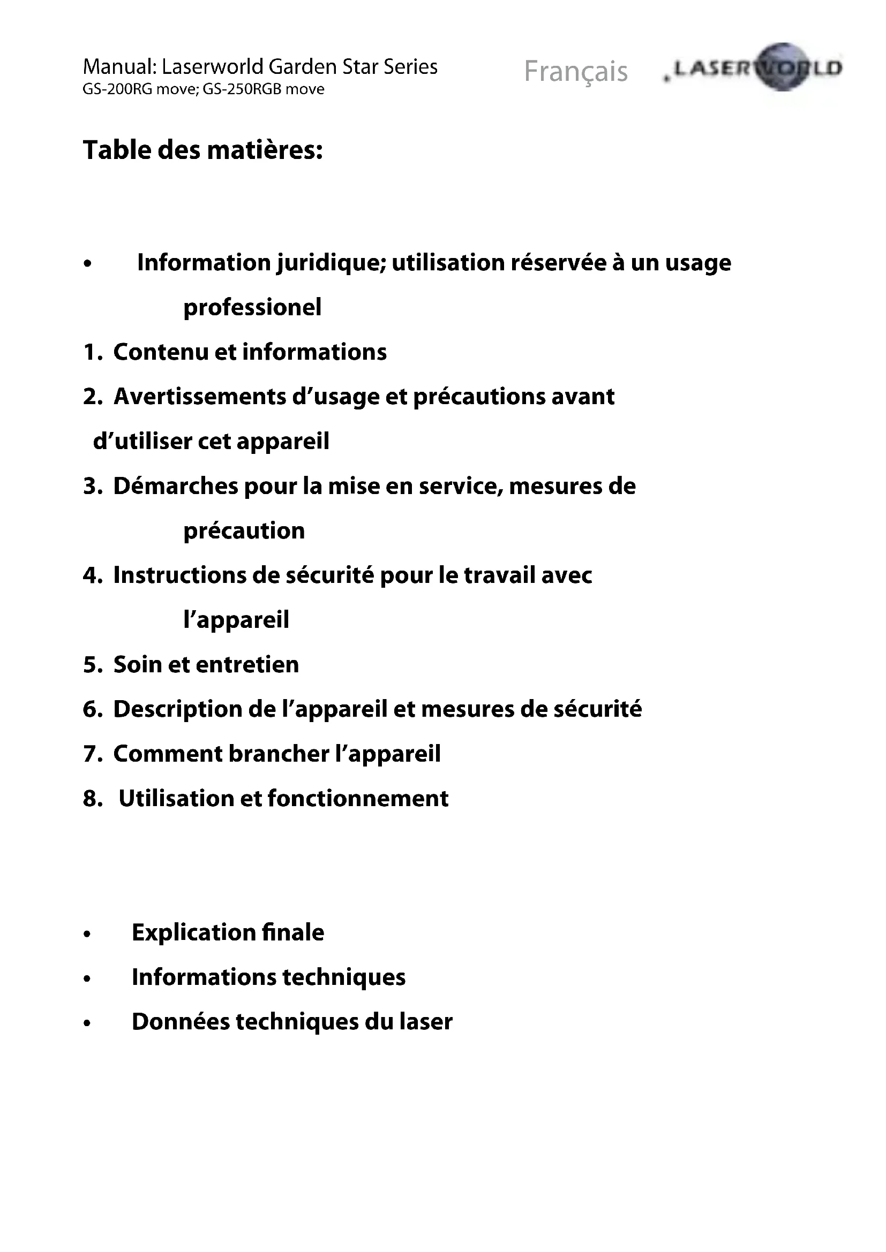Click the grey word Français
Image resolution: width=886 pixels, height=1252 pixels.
click(x=575, y=71)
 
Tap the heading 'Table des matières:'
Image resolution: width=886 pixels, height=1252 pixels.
click(x=202, y=150)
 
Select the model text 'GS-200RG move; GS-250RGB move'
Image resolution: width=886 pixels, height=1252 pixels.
click(x=203, y=89)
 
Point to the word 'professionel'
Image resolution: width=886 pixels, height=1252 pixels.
click(x=252, y=307)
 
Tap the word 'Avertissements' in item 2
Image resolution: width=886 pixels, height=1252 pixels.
click(x=200, y=397)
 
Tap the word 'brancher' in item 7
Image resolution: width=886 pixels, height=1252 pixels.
click(x=279, y=754)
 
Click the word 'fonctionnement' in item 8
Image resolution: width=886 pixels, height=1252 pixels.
click(x=358, y=799)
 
